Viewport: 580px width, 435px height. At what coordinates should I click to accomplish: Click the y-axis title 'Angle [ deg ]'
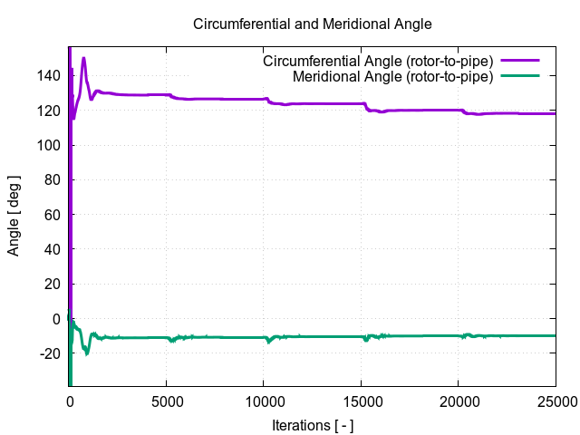point(14,217)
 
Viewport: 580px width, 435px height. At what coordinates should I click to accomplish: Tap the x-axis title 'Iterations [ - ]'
point(313,424)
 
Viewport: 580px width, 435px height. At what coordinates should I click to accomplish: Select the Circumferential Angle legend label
point(377,62)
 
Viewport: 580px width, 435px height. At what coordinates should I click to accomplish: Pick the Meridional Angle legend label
point(392,77)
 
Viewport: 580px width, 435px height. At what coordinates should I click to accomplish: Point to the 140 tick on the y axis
point(50,76)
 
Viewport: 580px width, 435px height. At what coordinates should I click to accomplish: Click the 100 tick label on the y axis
point(50,145)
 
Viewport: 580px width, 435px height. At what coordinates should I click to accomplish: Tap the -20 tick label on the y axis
point(50,353)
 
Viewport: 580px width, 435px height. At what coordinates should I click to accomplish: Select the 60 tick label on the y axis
point(53,215)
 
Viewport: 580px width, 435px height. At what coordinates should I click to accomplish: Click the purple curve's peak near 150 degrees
point(83,59)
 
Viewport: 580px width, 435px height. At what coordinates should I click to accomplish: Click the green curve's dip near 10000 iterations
point(268,341)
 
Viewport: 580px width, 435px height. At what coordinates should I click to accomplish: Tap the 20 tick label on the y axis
point(53,284)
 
